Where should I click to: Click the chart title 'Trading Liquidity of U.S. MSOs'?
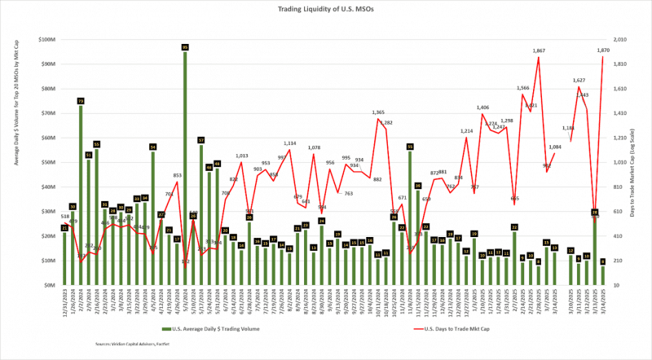tap(326, 9)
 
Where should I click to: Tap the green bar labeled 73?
tap(81, 195)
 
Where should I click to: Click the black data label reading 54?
tap(152, 147)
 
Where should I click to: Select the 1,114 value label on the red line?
tap(290, 143)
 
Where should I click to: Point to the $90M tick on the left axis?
tap(46, 64)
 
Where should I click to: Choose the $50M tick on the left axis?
tap(46, 162)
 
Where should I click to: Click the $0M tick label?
tap(49, 285)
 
